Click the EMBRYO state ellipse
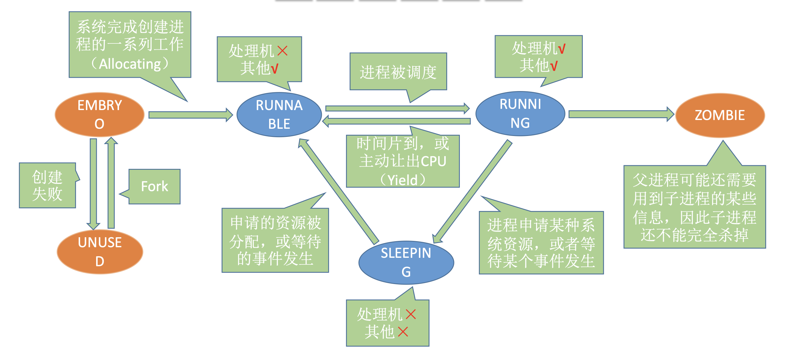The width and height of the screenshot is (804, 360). [x=99, y=115]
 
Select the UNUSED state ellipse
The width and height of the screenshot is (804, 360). [x=99, y=252]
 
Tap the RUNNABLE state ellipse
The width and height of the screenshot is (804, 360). [x=279, y=115]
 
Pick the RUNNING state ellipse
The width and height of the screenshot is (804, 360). [x=520, y=114]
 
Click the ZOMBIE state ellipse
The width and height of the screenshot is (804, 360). [x=720, y=115]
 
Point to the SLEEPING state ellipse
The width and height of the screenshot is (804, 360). [x=406, y=262]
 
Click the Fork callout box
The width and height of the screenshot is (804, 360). [x=155, y=186]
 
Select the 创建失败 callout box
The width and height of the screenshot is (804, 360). [x=47, y=185]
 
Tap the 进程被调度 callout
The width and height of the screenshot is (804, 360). [x=398, y=72]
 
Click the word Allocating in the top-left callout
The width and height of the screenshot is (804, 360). [x=130, y=64]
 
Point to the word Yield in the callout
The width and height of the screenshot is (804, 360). [x=402, y=180]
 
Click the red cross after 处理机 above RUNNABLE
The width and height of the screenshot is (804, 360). [x=282, y=51]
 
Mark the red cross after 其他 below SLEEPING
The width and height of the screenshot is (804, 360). [x=403, y=332]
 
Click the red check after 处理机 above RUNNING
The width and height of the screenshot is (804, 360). [x=561, y=49]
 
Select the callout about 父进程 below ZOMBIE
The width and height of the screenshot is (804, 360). [x=694, y=207]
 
